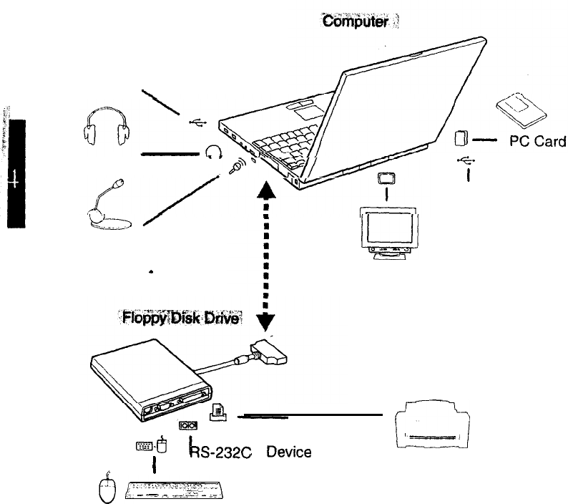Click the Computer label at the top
point(355,22)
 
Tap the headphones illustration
point(107,126)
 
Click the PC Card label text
point(537,141)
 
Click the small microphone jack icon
point(236,168)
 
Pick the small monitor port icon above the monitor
point(386,178)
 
